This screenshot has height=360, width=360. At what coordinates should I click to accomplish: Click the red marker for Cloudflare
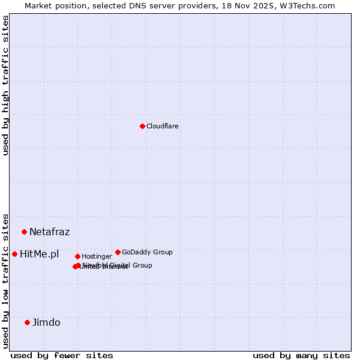point(142,126)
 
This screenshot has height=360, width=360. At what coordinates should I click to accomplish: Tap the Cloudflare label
point(162,126)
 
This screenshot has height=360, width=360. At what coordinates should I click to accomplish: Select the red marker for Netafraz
point(24,232)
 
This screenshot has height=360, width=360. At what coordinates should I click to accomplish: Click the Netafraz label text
point(49,232)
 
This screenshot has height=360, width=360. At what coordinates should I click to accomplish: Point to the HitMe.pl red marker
point(14,254)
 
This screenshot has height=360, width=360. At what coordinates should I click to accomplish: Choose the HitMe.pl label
point(39,254)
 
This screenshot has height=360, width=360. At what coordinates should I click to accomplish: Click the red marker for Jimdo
point(27,322)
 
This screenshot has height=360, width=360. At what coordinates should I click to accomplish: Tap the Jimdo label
point(46,322)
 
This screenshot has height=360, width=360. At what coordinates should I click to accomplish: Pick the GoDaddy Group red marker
point(118,252)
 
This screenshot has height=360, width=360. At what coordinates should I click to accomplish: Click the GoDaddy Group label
point(147,252)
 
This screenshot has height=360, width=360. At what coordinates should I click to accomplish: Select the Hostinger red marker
point(77,256)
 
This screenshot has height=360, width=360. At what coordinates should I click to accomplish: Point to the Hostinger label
point(97,256)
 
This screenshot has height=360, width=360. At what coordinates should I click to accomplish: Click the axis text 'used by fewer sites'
point(62,355)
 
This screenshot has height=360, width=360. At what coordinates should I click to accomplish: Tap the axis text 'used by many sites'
point(301,355)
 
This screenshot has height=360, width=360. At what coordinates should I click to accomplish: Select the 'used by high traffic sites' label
point(6,85)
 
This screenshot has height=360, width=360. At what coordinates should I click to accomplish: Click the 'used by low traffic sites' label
point(6,280)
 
